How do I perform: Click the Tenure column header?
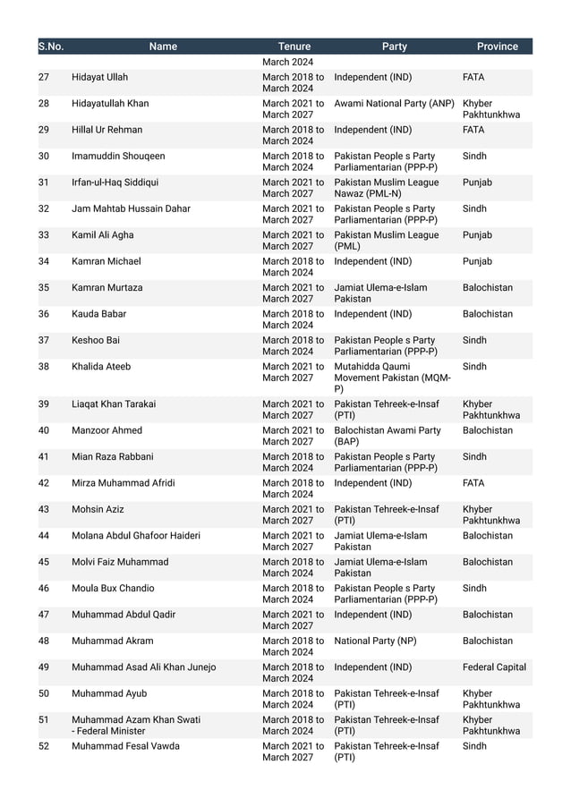point(294,47)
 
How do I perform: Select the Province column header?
point(497,47)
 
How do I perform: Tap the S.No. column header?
point(50,47)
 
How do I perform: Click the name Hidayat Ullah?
point(99,78)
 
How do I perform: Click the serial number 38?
point(44,367)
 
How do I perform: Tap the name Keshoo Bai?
point(96,341)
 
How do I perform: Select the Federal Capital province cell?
point(494,667)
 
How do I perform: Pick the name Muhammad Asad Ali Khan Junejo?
point(143,667)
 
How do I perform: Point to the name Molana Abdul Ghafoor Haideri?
point(136,536)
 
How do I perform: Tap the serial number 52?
point(44,746)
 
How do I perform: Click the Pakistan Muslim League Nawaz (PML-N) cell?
point(386,188)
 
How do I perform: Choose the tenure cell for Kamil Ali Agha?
point(293,241)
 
